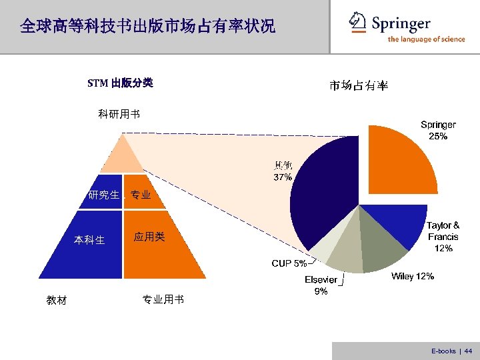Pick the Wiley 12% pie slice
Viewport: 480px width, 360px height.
(x=383, y=250)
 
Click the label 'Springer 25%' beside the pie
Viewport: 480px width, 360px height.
(x=438, y=130)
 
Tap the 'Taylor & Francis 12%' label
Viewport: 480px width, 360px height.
(x=443, y=237)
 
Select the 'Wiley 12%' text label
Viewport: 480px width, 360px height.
(x=413, y=276)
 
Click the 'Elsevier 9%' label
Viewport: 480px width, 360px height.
(x=321, y=285)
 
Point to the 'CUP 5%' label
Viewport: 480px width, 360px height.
(x=289, y=263)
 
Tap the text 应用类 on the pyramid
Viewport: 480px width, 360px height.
(x=149, y=237)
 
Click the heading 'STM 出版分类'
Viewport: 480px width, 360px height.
(x=121, y=83)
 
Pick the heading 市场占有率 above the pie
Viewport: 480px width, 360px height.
(x=359, y=85)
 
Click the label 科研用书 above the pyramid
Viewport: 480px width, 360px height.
(x=119, y=114)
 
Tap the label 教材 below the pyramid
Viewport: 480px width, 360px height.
(x=57, y=301)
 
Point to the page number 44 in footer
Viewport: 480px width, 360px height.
(x=468, y=351)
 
